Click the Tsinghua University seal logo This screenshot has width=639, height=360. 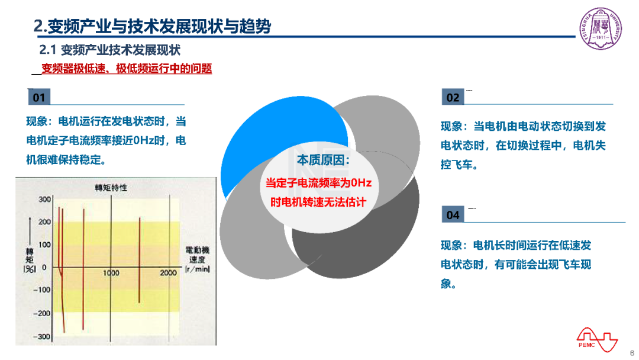click(601, 28)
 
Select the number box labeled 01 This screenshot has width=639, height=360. click(39, 97)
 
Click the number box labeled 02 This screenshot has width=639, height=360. click(453, 97)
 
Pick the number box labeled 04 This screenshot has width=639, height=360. click(453, 214)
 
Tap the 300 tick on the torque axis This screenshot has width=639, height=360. click(45, 200)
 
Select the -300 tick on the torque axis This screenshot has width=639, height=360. click(42, 336)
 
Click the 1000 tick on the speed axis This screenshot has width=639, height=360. click(111, 273)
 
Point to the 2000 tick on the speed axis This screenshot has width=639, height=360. click(168, 273)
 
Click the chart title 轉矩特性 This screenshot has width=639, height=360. click(111, 188)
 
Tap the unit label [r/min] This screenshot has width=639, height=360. click(197, 269)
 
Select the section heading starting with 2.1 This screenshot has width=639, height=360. click(109, 50)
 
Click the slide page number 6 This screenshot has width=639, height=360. click(632, 353)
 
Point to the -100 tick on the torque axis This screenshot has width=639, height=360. click(42, 290)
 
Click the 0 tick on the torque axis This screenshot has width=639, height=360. click(44, 267)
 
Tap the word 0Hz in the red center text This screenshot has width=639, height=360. click(361, 182)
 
